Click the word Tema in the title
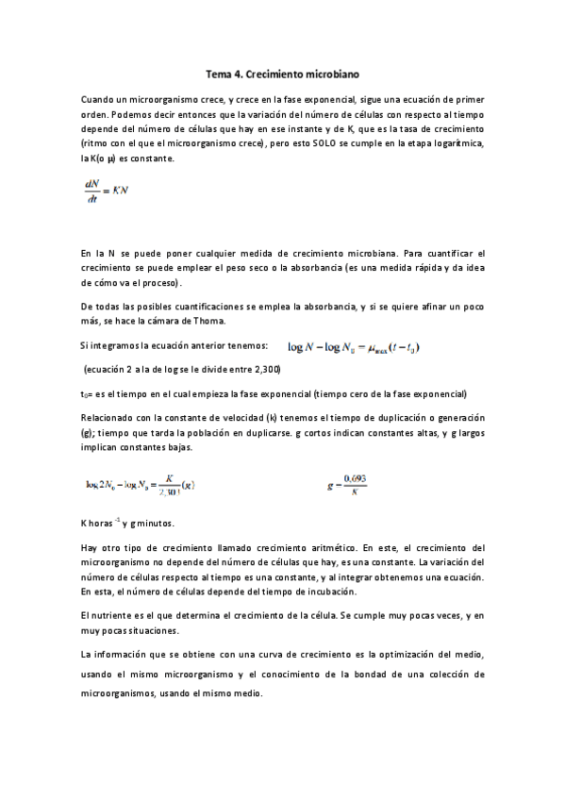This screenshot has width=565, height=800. point(218,72)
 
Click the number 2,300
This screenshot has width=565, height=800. point(267,367)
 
